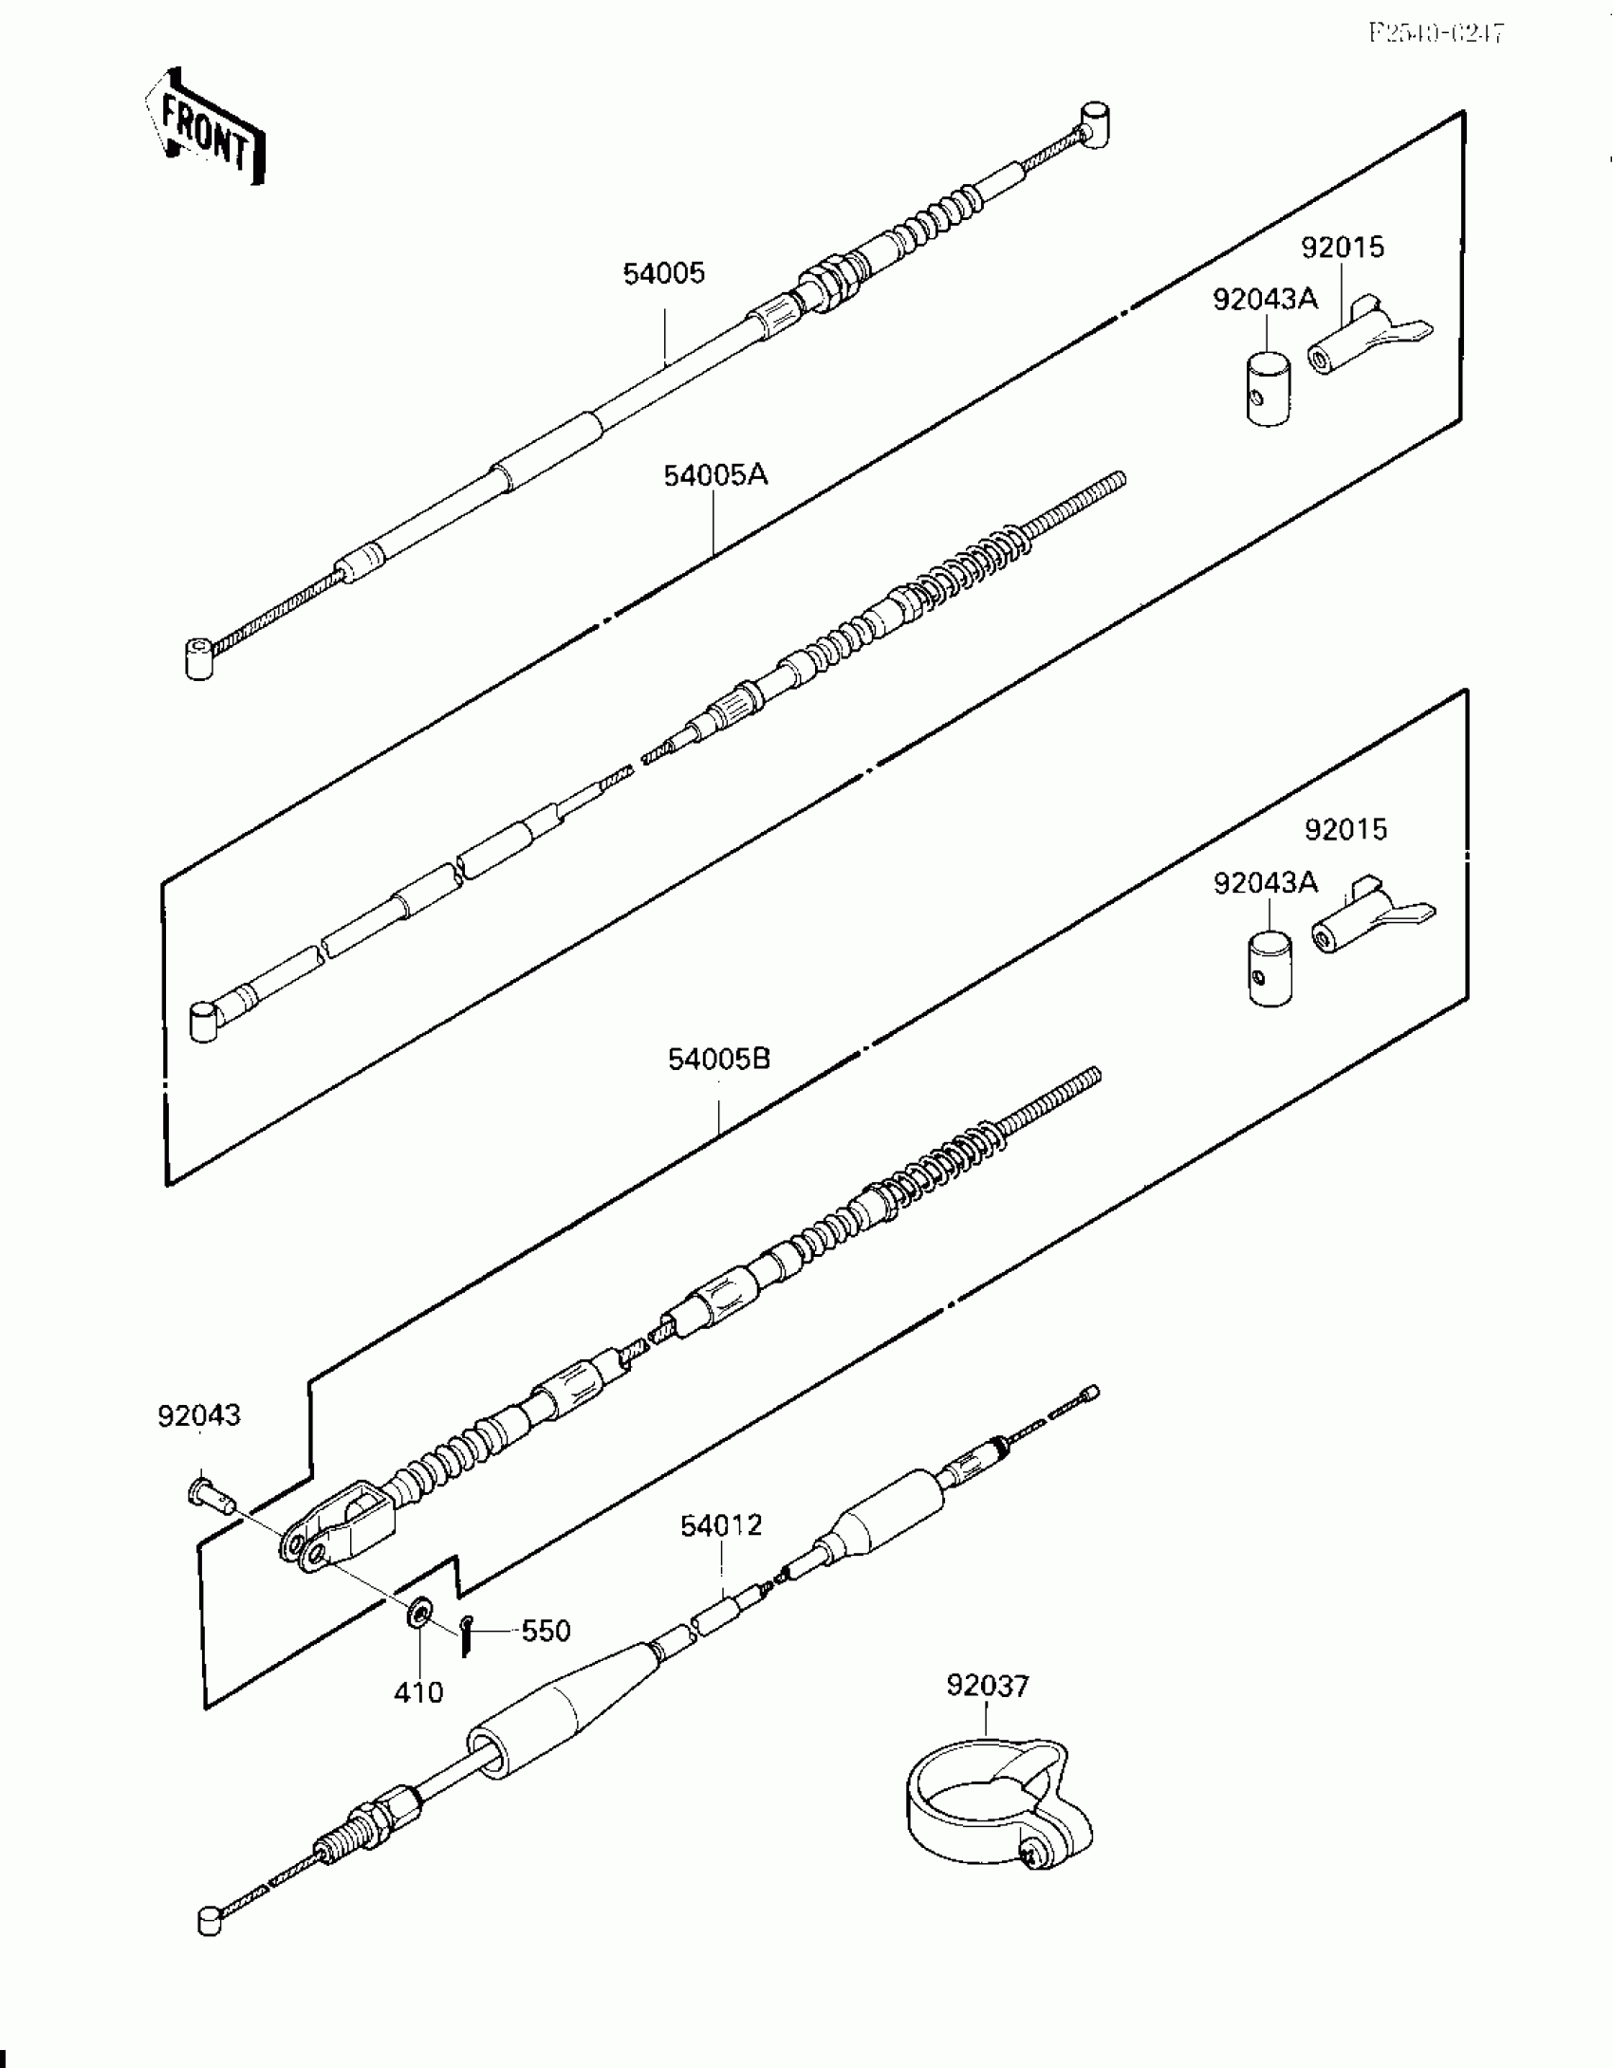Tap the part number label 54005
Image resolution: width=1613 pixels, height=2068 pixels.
coord(663,274)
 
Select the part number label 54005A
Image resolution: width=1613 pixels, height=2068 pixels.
coord(714,475)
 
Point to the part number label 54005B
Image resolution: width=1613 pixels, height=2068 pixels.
coord(718,1059)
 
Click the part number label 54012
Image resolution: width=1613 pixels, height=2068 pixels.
coord(720,1526)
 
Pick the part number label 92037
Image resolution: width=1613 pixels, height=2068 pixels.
coord(987,1686)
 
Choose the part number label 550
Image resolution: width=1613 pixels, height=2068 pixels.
coord(546,1632)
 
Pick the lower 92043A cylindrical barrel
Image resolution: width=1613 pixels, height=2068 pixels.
coord(1269,969)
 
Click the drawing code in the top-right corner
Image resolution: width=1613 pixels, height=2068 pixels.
coord(1435,34)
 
